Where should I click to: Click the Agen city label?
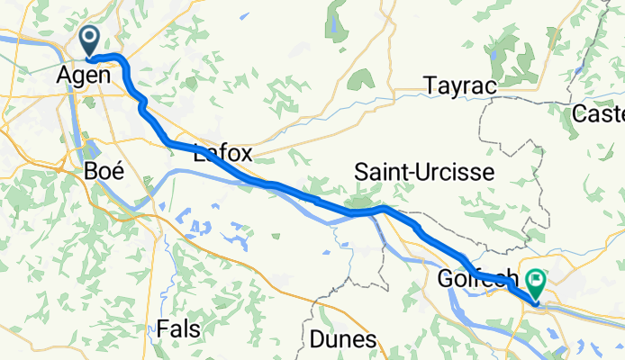point(84,76)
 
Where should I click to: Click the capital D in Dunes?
point(316,339)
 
